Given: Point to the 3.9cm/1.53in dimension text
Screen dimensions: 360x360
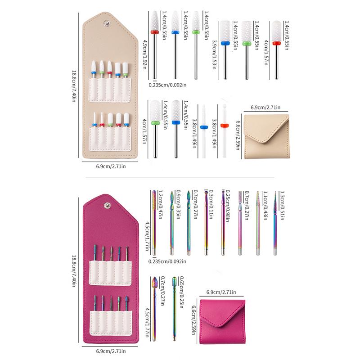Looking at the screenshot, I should click(x=215, y=53).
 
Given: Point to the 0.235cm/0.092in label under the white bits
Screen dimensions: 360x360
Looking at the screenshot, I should click(x=168, y=83).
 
